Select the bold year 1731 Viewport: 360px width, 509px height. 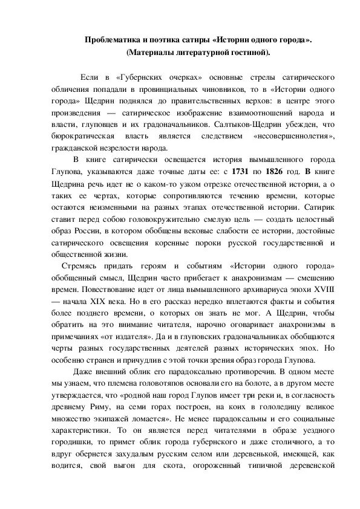pyautogui.click(x=237, y=172)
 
